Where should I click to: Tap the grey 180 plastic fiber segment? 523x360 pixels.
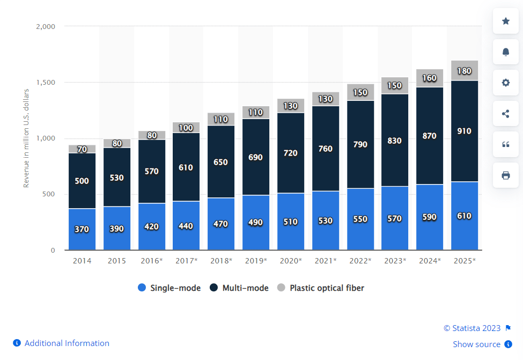click(465, 71)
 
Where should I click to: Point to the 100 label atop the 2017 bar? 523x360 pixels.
click(186, 128)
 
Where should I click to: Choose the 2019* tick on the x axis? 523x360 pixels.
click(256, 261)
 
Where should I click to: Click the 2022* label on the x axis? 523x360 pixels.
click(360, 261)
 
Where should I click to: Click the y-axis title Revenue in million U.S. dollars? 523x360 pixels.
click(26, 136)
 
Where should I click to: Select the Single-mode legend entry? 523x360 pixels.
click(170, 288)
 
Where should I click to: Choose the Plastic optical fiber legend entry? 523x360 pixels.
click(321, 288)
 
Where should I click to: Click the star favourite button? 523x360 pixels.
click(505, 21)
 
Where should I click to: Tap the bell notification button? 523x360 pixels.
click(505, 52)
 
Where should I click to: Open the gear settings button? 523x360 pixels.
click(505, 83)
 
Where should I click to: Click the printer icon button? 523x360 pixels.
click(505, 175)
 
